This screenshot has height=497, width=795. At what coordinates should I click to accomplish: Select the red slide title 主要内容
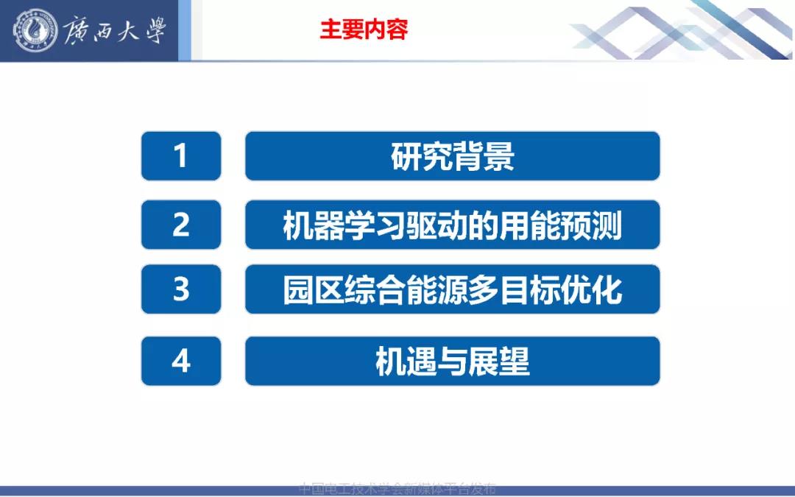coord(364,29)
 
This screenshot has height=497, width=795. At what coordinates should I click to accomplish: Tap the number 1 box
coord(181,156)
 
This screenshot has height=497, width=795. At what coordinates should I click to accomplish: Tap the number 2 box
coord(181,225)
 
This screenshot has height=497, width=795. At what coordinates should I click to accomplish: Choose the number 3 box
coord(181,289)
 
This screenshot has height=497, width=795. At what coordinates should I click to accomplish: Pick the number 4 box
coord(181,361)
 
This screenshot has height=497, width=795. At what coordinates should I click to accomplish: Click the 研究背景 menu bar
coord(452,156)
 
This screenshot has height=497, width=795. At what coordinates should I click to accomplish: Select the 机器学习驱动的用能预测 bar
coord(452,225)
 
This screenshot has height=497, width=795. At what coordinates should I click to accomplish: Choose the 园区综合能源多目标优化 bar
coord(452,289)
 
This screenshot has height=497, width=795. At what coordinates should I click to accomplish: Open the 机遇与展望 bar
coord(452,361)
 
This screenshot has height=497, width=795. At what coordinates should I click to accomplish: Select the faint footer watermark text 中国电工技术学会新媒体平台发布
coord(397,488)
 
